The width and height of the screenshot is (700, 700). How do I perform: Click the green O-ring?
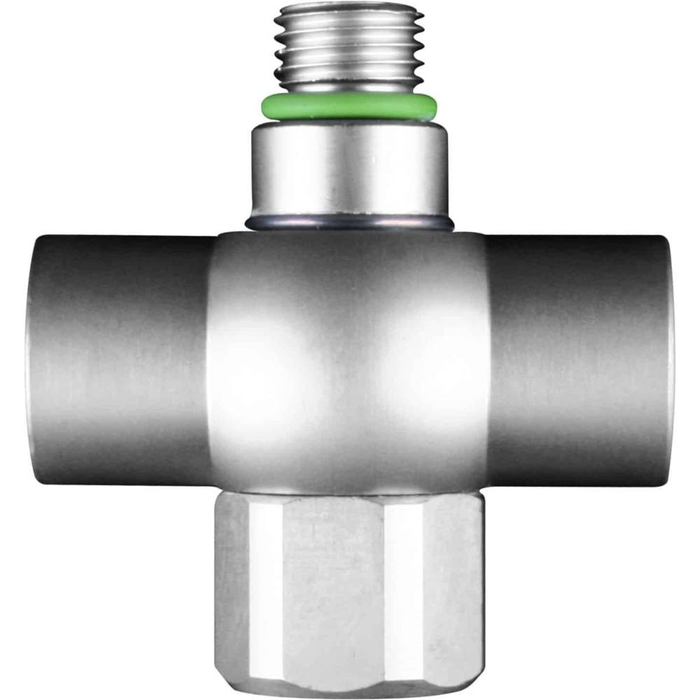coord(348,106)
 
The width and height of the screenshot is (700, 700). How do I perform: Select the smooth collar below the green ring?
coord(348,171)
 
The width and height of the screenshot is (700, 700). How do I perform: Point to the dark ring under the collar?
coord(348,223)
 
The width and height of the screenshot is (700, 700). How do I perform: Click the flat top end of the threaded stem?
coord(348,8)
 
